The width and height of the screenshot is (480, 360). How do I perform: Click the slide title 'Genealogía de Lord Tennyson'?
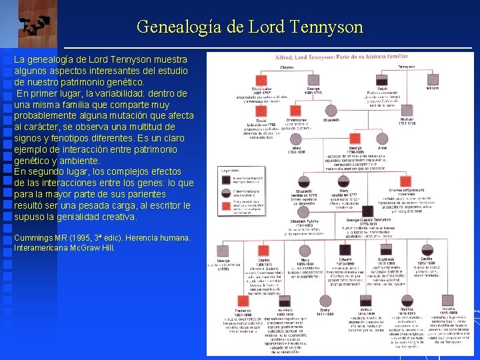coord(249,27)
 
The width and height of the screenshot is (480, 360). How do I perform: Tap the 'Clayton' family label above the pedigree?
coord(287,67)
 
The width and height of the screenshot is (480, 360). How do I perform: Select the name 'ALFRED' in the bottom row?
coord(284,309)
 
